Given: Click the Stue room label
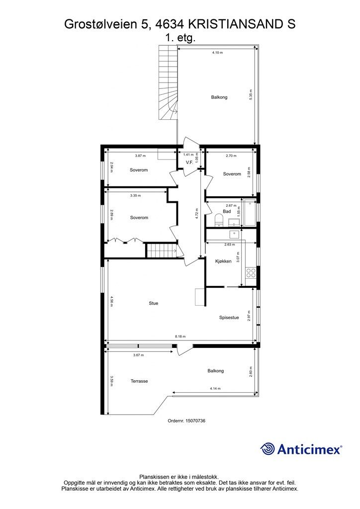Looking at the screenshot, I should [154, 303].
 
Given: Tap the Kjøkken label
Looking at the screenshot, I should [223, 261].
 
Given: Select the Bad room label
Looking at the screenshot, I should [227, 211].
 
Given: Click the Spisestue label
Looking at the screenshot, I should [229, 318].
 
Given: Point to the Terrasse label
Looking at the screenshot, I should [139, 381].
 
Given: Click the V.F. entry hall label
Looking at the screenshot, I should [189, 163].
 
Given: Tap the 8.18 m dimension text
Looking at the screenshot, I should [180, 337].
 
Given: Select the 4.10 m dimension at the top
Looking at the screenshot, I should [217, 52].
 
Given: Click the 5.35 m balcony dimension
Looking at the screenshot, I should [251, 94].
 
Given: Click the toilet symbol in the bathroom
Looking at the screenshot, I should [218, 220].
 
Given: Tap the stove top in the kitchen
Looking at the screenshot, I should [251, 272].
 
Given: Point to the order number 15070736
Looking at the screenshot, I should [186, 421].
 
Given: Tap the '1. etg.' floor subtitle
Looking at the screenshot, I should [180, 37].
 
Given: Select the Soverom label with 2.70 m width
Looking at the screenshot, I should [232, 174].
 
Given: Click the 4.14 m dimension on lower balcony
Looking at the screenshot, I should [215, 388].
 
